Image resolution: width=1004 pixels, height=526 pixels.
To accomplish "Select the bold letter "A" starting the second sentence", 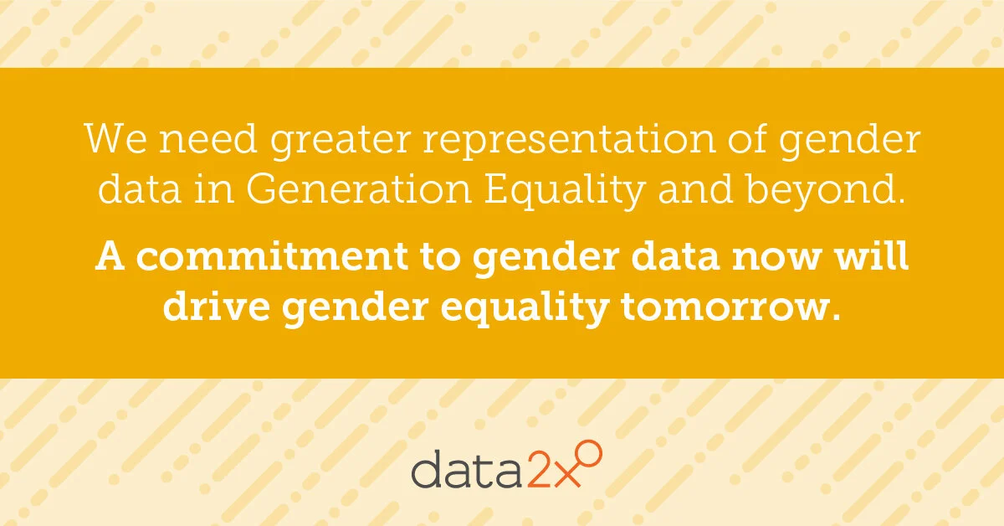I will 110,256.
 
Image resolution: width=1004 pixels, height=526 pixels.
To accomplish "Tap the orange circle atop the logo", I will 591,454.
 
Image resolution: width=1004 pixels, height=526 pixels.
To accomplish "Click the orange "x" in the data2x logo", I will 569,473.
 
